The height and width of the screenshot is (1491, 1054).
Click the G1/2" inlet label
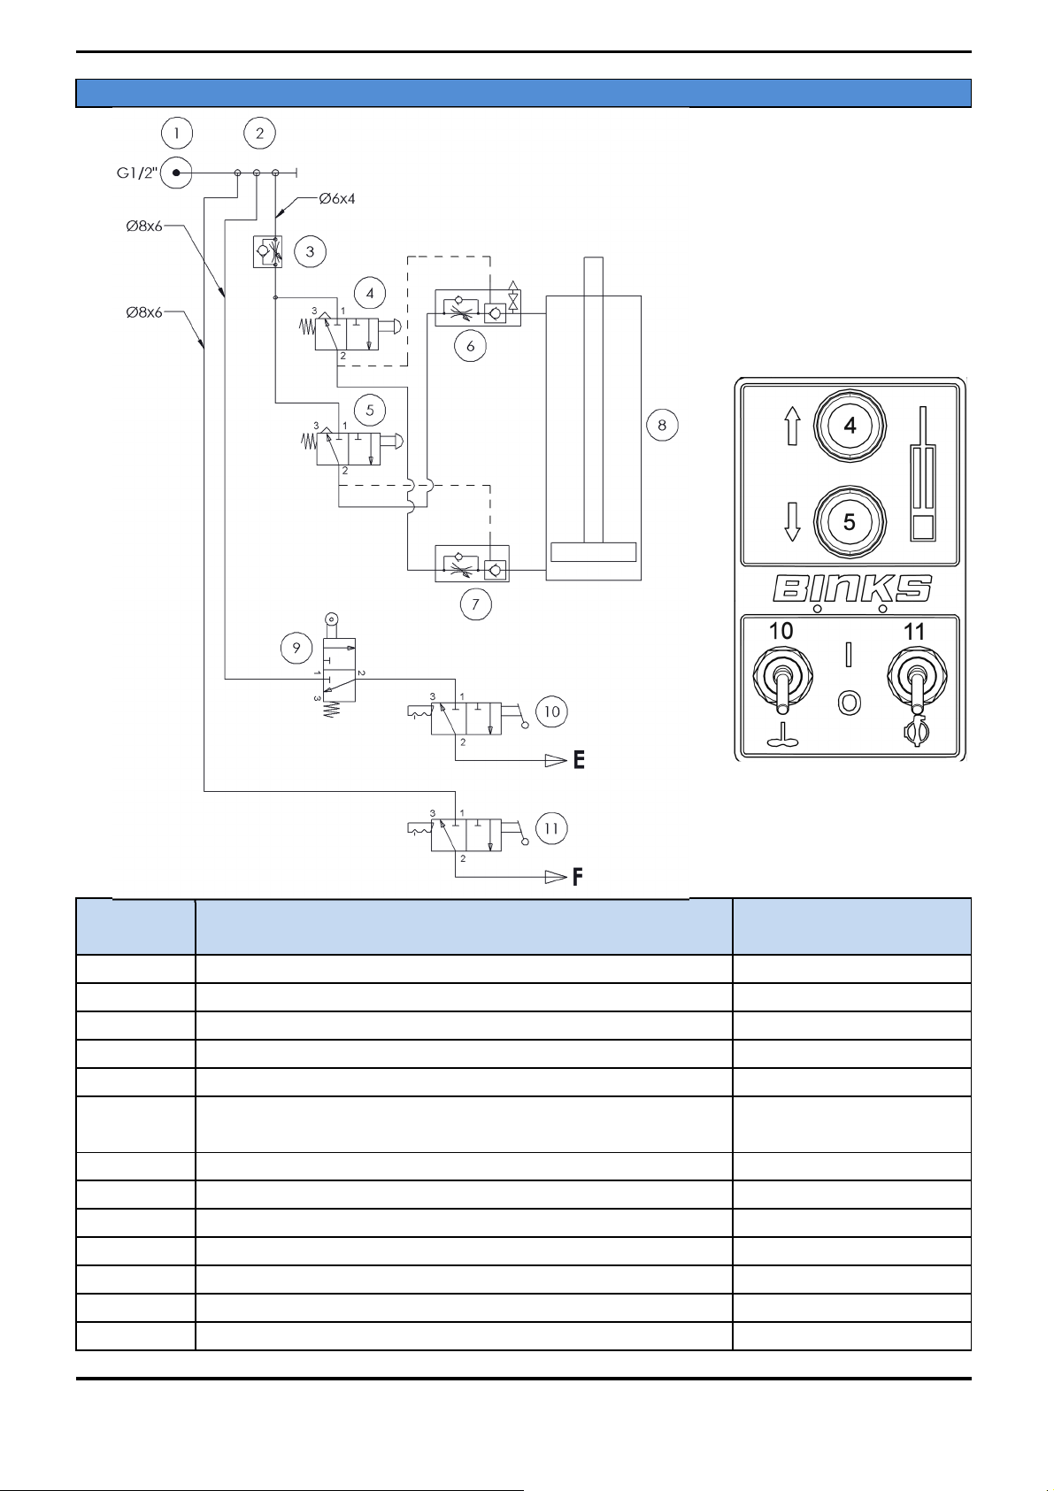coord(137,173)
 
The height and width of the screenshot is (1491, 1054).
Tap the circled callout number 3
coord(310,251)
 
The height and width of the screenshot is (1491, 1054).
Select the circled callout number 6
coord(471,345)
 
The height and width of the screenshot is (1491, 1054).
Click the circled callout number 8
coord(662,425)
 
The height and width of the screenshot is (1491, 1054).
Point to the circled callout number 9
coord(296,648)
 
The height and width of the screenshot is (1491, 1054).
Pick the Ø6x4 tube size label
coord(337,198)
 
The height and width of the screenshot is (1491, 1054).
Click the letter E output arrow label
coord(579,760)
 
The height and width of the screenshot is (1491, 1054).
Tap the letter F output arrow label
coord(577,877)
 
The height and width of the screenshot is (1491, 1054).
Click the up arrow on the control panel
coord(792,426)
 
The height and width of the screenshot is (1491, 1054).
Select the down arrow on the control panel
coord(792,522)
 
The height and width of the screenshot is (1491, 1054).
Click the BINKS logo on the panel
coord(851,588)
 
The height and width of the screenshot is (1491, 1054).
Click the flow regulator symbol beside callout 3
coord(267,251)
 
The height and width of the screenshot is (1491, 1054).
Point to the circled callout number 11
coord(551,829)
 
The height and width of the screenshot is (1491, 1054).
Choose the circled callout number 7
coord(475,604)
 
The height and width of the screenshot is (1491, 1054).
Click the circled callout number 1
coord(176,133)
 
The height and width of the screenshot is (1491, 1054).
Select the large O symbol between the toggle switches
coord(849,703)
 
